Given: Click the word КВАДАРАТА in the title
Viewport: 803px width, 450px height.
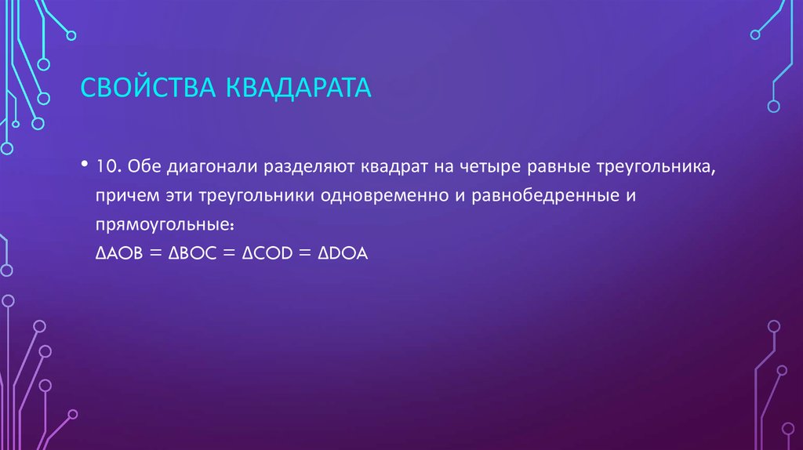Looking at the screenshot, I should tap(299, 88).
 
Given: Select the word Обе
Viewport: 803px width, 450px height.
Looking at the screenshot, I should tap(142, 166).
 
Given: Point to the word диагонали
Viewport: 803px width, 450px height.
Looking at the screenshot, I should tap(208, 167).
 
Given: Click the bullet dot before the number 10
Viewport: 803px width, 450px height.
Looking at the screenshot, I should tap(84, 166).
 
